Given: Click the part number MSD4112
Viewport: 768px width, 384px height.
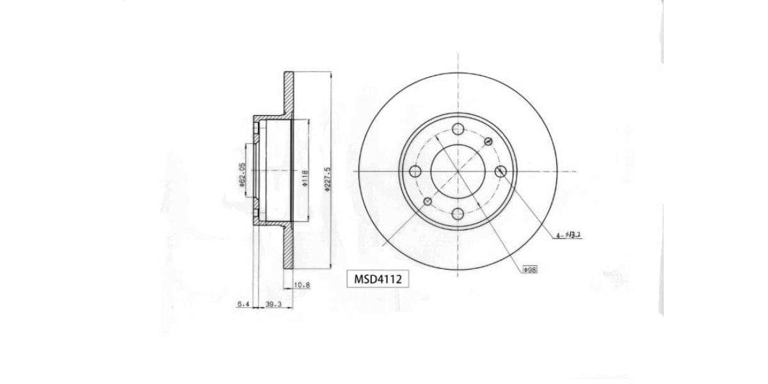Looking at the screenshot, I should [378, 279].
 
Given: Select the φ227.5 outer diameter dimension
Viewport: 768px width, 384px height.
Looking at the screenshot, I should [327, 179].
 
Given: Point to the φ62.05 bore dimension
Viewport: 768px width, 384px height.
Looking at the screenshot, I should [243, 174].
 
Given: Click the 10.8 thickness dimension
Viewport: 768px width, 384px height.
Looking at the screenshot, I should [301, 285].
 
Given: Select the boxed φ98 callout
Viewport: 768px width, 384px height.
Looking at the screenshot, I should [530, 270].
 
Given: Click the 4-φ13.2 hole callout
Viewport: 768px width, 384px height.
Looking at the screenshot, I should [568, 236].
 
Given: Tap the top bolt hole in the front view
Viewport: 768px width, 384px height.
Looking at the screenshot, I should [458, 129].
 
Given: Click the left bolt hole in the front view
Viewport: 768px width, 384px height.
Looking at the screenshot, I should [415, 172].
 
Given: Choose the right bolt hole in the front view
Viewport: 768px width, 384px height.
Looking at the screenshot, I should [501, 172].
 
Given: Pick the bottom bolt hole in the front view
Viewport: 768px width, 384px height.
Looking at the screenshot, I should [458, 214].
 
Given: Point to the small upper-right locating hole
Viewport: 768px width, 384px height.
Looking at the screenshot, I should [489, 141].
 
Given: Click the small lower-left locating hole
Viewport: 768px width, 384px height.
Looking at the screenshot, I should [428, 202].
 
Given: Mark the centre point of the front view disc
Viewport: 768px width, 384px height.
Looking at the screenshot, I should [458, 172].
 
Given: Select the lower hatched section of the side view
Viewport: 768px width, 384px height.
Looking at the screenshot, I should [288, 250].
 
